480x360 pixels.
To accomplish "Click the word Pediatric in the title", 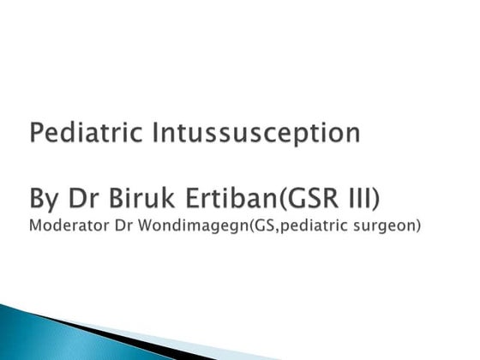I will pos(74,134).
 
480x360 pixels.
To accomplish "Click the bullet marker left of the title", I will pos(17,135).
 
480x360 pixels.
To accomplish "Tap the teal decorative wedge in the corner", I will pos(51,339).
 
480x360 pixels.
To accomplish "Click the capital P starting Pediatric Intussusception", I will pos(37,134).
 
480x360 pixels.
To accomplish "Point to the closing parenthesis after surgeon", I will pos(417,230).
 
